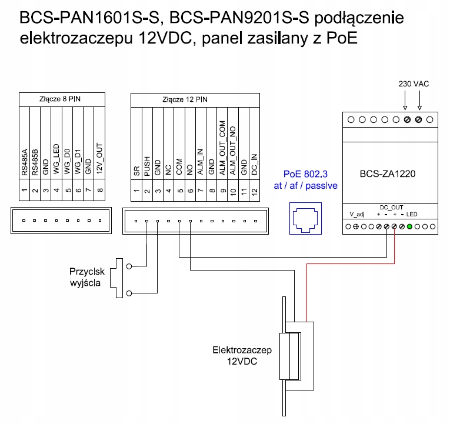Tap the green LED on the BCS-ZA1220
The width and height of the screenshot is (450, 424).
[409, 226]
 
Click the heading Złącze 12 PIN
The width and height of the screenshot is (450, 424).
[185, 99]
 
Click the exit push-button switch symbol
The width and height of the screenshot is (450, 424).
[124, 278]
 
